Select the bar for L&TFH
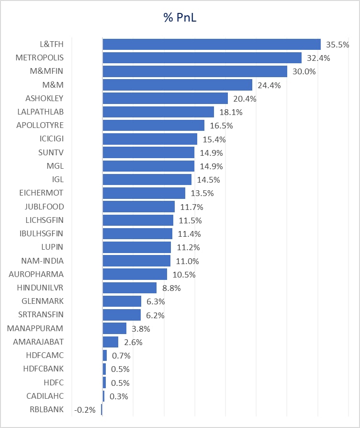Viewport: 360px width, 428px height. (211, 45)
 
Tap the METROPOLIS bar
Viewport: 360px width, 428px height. (202, 58)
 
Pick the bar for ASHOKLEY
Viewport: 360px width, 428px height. (165, 99)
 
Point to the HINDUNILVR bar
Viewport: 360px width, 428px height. (129, 288)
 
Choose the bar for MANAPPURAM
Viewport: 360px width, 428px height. (114, 328)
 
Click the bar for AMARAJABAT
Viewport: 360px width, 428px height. (110, 342)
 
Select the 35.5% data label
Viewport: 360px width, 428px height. (337, 45)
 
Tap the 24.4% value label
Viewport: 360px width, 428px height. (269, 85)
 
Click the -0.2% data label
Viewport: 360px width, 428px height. (85, 410)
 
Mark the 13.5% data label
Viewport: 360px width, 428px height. (202, 193)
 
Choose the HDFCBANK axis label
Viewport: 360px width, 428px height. (43, 369)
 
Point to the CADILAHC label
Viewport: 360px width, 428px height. (45, 396)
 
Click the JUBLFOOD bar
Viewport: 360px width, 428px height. (138, 207)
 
